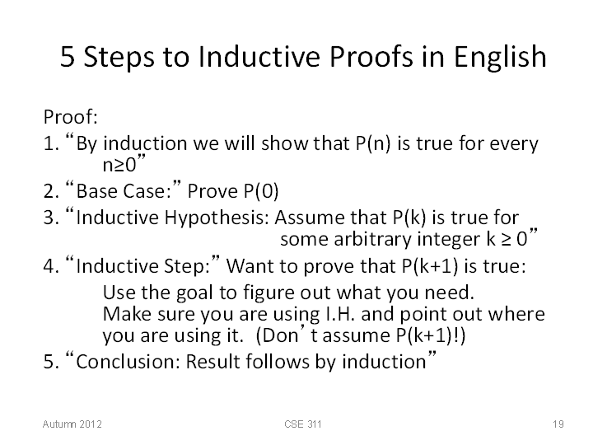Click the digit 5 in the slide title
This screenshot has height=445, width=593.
(68, 57)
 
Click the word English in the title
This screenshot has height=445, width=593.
(500, 58)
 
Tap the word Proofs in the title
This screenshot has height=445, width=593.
(371, 56)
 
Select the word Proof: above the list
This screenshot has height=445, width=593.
(71, 116)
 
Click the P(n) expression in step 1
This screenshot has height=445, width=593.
(372, 143)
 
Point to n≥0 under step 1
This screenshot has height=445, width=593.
(119, 165)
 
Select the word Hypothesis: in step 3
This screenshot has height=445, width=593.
(217, 218)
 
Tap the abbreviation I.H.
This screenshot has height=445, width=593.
(339, 314)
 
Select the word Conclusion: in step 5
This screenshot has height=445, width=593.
(128, 362)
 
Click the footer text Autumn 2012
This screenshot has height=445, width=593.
(72, 424)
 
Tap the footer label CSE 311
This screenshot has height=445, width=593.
(303, 424)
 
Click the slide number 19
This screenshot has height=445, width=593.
(558, 424)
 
